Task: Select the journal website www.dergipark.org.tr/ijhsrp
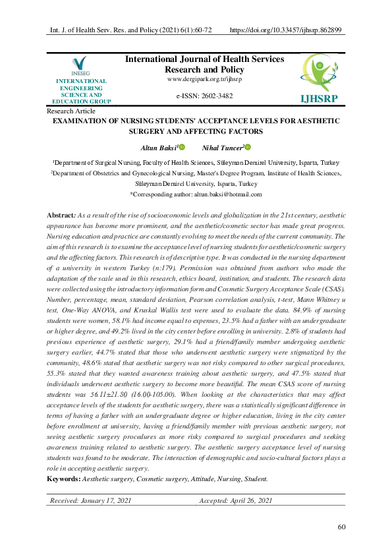click(x=204, y=79)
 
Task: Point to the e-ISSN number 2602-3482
click(x=204, y=96)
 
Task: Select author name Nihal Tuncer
click(x=223, y=148)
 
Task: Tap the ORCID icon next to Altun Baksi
click(x=182, y=148)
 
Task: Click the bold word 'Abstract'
click(x=61, y=216)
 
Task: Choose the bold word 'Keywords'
click(x=64, y=479)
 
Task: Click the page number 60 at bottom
click(x=341, y=527)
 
